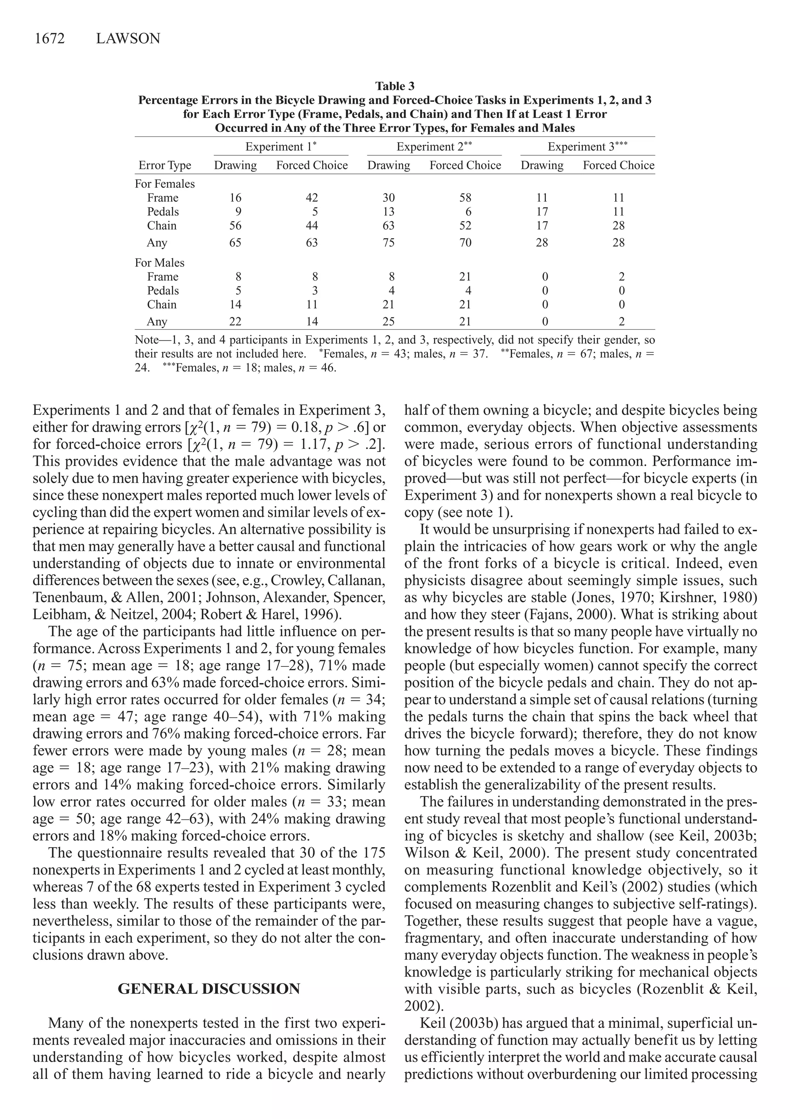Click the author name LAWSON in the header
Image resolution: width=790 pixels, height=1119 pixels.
point(128,39)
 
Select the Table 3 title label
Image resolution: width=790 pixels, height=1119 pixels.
point(395,86)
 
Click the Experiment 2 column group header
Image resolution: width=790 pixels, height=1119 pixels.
point(434,147)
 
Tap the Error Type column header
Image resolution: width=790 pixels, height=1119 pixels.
point(165,166)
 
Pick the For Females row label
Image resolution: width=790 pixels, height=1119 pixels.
point(165,184)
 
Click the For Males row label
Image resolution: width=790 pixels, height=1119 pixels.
point(159,263)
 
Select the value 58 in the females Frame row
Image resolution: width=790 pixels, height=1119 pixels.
point(465,198)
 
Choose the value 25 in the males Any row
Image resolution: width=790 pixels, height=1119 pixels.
point(389,321)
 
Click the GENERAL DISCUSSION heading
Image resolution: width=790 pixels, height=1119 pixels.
point(209,989)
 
